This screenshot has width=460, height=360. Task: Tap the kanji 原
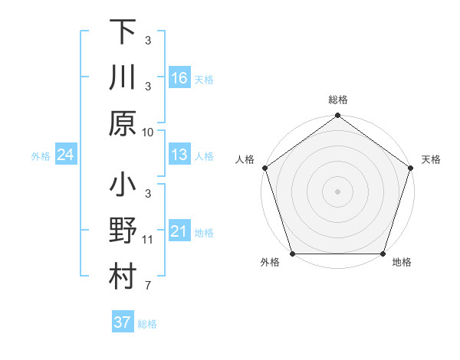tap(123, 123)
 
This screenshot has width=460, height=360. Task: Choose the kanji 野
tap(123, 231)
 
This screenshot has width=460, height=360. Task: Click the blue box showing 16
tap(179, 78)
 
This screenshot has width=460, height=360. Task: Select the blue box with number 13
tap(179, 155)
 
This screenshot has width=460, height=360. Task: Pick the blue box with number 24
tap(65, 155)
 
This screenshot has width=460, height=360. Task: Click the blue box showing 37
tap(122, 322)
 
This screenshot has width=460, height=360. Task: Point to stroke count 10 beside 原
tap(148, 132)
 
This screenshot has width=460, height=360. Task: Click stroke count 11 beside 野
tap(148, 240)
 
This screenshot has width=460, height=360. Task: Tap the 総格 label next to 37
tap(147, 324)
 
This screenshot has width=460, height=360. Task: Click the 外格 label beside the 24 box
tap(41, 156)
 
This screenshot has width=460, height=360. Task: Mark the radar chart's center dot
tap(337, 191)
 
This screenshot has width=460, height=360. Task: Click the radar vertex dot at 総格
tap(337, 116)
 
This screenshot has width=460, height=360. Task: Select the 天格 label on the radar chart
tap(432, 159)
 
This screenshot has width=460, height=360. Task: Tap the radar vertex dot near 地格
tap(383, 254)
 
